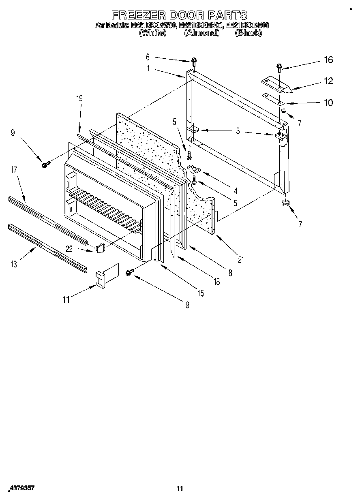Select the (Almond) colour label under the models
point(201,33)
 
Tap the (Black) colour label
point(248,33)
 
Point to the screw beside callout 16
point(280,67)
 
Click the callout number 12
point(328,81)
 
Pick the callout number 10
point(328,103)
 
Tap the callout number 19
point(79,98)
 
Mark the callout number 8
point(230,273)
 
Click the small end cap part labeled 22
point(100,247)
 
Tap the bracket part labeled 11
point(106,277)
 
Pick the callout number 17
point(14,170)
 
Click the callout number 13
point(14,264)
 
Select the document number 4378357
point(21,489)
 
